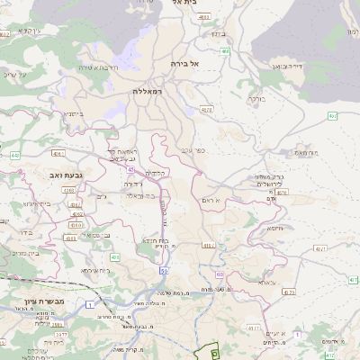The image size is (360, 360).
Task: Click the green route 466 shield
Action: coord(225,52)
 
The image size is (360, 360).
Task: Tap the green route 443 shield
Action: coord(15,155)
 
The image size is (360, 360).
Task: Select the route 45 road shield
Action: coord(131,169)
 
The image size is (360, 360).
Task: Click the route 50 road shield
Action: coord(164,270)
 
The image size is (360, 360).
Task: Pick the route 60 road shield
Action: coord(220,274)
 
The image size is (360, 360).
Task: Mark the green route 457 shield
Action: coord(332,116)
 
